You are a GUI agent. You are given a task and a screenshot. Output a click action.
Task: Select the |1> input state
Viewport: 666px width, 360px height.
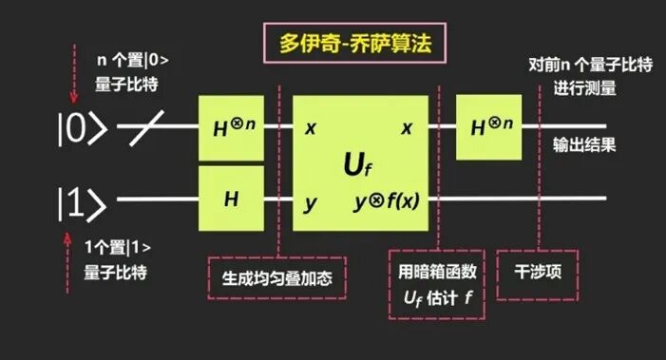tap(84, 201)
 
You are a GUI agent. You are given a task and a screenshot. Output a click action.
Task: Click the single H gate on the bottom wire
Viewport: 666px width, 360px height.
tap(231, 199)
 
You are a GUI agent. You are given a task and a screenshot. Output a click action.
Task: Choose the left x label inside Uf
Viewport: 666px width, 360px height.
tap(310, 127)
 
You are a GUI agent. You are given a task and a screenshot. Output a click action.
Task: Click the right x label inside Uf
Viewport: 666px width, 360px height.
tap(406, 127)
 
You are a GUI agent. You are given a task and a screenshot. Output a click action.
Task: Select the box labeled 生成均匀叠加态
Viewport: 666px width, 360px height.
tap(276, 279)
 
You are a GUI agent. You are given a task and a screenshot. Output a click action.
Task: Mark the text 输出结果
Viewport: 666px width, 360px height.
tap(585, 146)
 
